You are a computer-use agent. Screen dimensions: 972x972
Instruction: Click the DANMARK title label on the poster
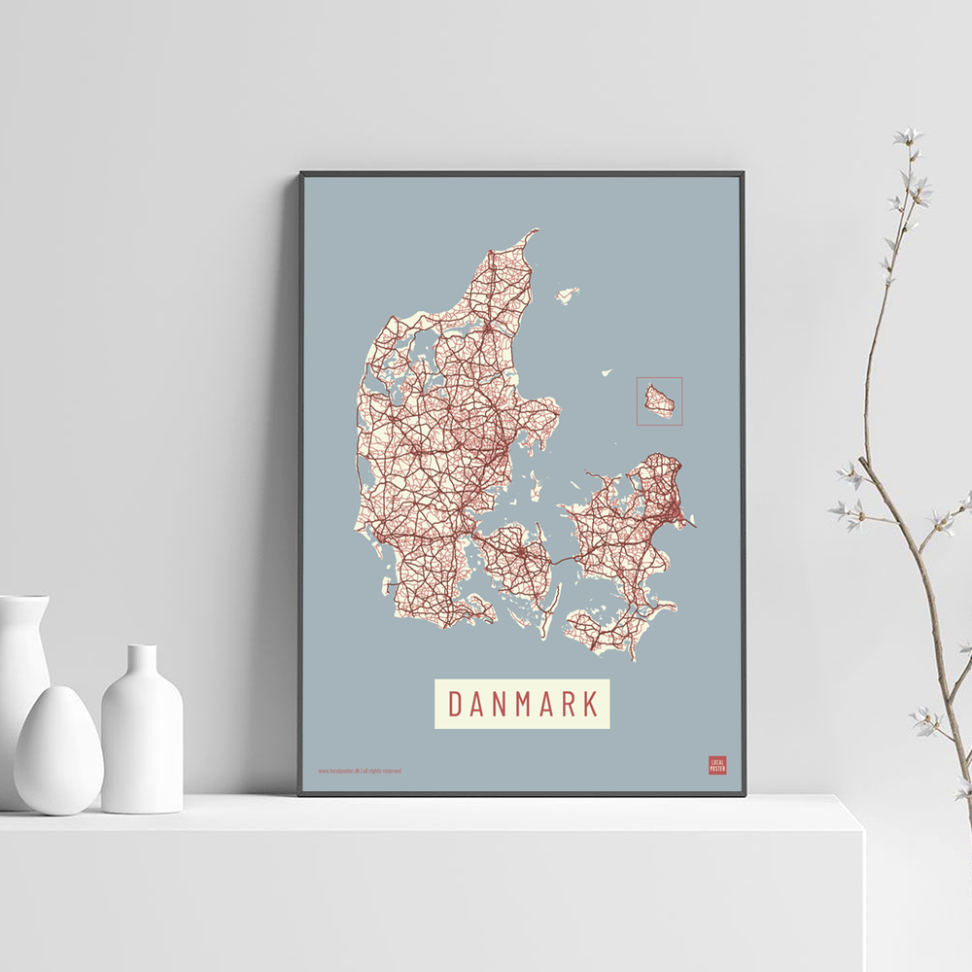coord(522,703)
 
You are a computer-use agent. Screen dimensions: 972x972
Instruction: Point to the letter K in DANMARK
coord(589,703)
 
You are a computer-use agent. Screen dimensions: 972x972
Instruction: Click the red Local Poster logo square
coord(717,765)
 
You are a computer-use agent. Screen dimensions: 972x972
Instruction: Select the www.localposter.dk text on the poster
coord(339,771)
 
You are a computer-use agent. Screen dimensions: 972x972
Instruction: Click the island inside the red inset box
coord(659,400)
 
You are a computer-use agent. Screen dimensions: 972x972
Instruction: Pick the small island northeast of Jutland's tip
coord(567,292)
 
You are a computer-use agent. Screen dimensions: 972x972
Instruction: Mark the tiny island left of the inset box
coord(606,371)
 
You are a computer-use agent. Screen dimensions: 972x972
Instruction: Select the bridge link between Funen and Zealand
coord(565,560)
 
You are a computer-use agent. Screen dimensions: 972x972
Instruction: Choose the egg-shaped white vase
coord(58,749)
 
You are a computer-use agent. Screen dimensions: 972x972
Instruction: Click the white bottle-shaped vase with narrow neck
coord(142,734)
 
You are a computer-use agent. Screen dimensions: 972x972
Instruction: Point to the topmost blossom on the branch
coord(908,136)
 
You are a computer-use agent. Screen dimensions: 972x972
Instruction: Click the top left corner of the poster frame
coord(301,174)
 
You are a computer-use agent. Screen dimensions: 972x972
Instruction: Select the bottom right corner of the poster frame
coord(744,794)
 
